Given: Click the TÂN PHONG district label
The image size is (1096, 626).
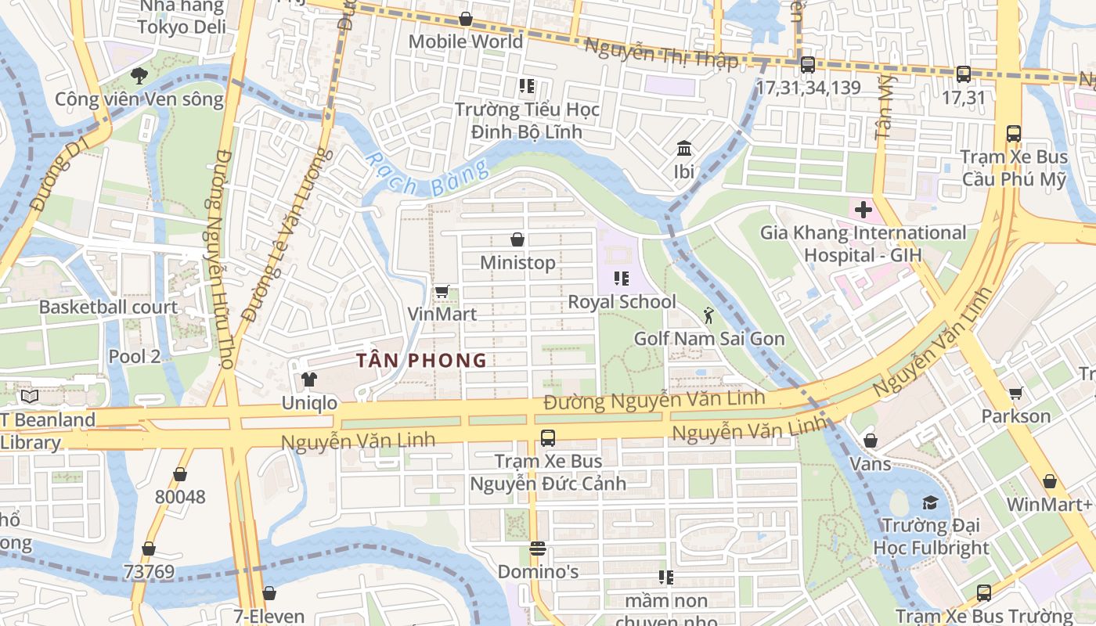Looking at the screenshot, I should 421,361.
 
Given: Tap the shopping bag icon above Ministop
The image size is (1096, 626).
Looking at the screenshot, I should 517,239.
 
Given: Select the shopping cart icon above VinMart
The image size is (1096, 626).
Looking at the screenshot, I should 442,292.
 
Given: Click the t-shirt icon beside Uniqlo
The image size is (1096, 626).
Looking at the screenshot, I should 309,380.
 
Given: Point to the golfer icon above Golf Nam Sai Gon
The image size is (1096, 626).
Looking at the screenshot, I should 708,315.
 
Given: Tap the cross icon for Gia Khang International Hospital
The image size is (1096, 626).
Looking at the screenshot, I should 863,210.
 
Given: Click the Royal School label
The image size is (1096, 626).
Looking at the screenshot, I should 622,302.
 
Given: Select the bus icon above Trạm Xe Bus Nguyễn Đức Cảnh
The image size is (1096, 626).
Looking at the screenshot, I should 548,438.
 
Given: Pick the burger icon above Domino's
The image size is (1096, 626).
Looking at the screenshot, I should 537,549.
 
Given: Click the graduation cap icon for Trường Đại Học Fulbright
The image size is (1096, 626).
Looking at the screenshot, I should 930,502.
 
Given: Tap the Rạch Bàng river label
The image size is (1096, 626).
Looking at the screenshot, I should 427,175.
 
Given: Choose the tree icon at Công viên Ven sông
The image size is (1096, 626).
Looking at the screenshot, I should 139,76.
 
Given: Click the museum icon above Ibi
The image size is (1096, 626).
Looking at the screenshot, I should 684,148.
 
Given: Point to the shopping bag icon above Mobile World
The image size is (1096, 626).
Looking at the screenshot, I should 466,19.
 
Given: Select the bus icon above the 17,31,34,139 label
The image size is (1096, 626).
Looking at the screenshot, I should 807,65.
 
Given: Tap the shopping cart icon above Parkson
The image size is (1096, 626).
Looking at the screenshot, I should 1015,393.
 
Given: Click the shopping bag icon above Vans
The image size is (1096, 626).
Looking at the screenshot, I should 870,441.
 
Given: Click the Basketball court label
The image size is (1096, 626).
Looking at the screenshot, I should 109,308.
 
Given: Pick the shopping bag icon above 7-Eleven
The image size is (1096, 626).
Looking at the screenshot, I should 269,593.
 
